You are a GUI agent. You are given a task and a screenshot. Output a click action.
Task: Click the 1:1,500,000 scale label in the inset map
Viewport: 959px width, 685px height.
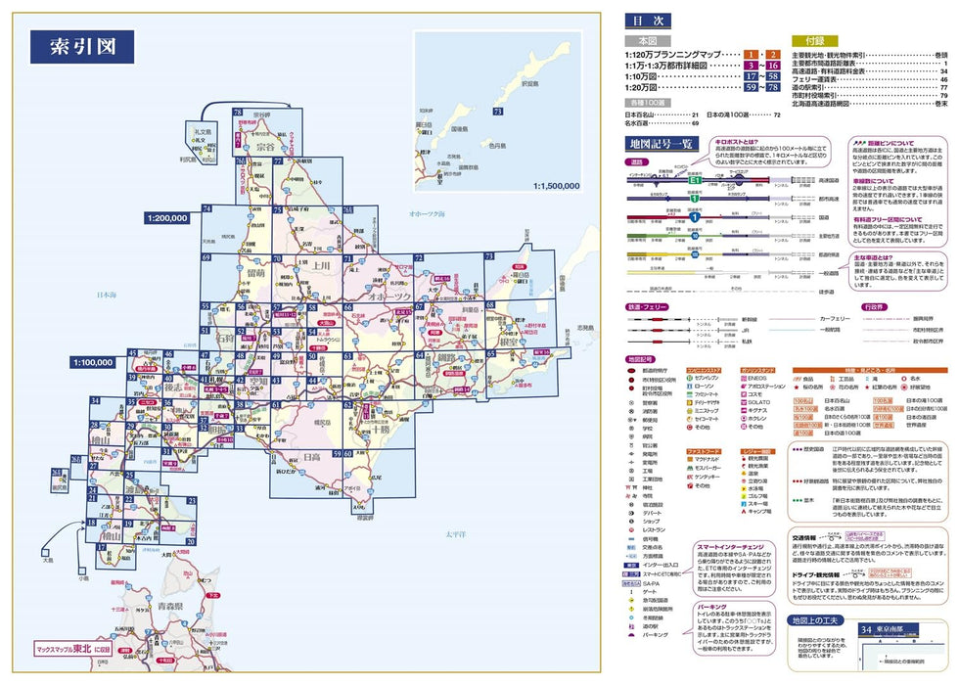(x=556, y=184)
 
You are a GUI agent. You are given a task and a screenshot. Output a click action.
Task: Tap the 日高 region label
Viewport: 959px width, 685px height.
(x=311, y=456)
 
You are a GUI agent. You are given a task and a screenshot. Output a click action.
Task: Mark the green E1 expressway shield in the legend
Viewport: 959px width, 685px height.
(x=694, y=182)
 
